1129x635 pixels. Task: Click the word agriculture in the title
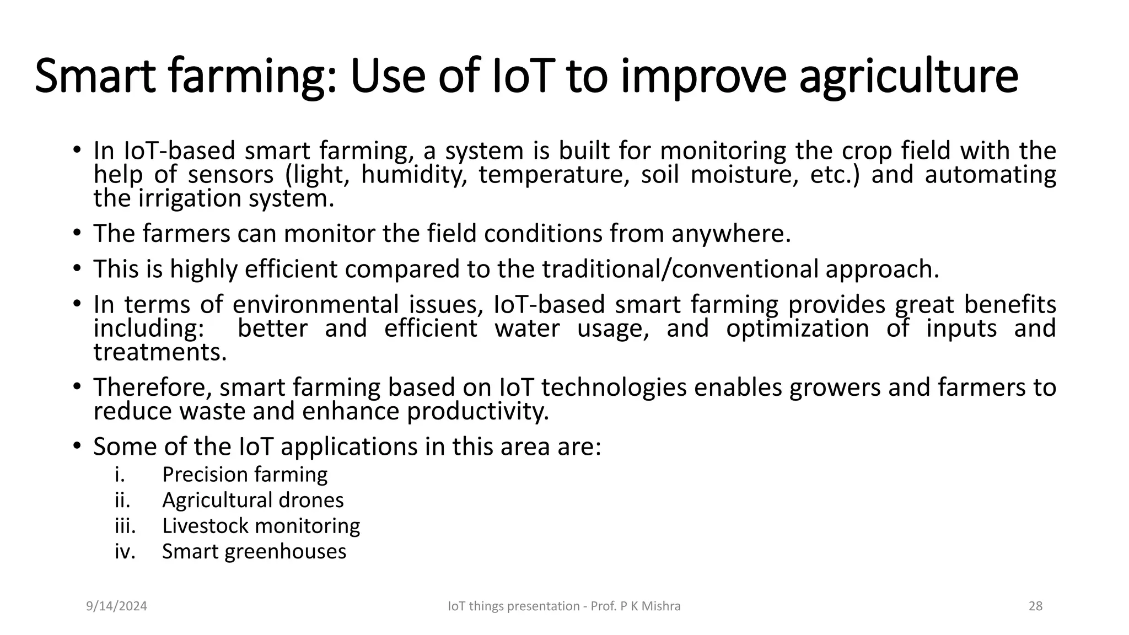pos(908,77)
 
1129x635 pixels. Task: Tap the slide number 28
pos(1035,606)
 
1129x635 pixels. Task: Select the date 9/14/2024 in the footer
pos(117,606)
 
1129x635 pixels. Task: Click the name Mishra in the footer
pos(663,606)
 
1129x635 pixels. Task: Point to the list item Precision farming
pos(245,475)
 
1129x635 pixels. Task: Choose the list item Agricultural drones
pos(252,500)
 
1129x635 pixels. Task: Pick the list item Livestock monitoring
pos(261,526)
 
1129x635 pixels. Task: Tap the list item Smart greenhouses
pos(254,551)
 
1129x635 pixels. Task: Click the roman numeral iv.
pos(125,551)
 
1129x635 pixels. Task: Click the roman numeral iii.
pos(125,526)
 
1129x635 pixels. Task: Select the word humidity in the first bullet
pos(413,175)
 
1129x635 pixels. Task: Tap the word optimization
pos(797,329)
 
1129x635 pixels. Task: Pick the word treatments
pos(160,352)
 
